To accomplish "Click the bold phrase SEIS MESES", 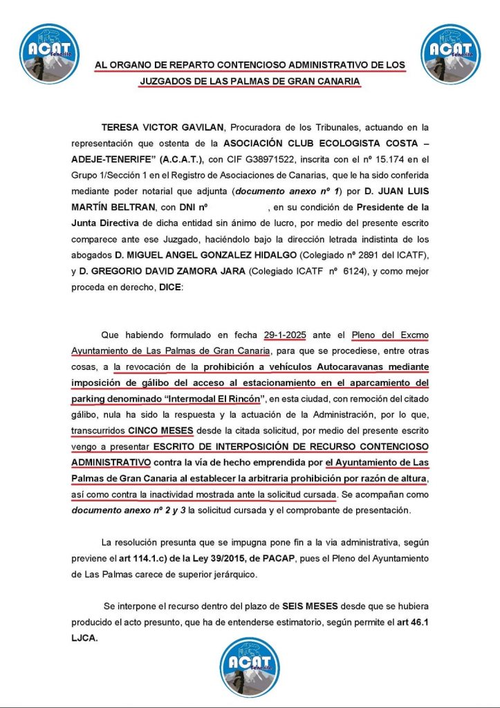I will tap(310, 605).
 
